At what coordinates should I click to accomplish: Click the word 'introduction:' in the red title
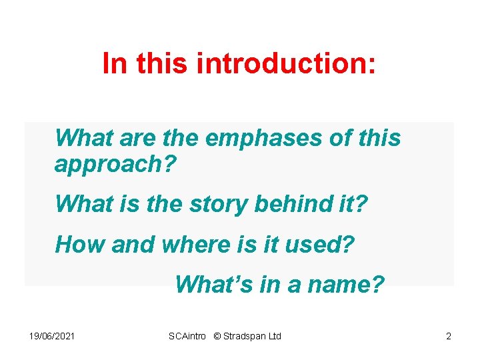tap(287, 63)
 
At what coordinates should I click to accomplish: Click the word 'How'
tap(80, 245)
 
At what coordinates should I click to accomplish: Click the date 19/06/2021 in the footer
tap(52, 336)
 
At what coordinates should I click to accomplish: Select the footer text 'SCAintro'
tap(189, 336)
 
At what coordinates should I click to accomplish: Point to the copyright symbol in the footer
tap(218, 336)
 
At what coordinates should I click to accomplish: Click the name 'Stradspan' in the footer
tap(245, 336)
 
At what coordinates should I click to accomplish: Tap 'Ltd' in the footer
tap(274, 336)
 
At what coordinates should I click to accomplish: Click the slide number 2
tap(449, 336)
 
